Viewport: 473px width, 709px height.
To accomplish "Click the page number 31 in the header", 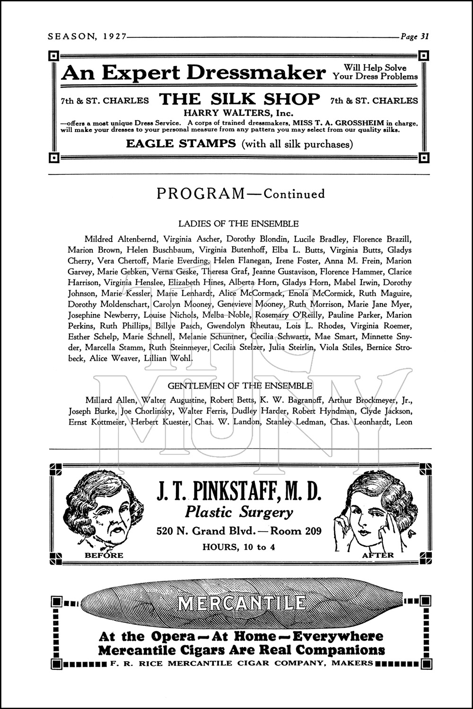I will click(424, 36).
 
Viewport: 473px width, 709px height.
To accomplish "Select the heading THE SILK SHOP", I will click(239, 99).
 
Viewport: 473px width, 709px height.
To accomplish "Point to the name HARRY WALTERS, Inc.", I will click(238, 113).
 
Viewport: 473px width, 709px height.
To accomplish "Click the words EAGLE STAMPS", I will click(181, 143).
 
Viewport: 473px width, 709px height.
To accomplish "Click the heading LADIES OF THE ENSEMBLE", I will click(238, 224).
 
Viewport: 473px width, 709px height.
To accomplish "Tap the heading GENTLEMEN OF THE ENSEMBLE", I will click(240, 386).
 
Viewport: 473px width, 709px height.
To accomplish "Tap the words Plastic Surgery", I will click(239, 512).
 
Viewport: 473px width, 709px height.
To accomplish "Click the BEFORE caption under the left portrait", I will click(104, 555).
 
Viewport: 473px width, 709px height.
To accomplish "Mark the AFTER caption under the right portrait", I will click(377, 555).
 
